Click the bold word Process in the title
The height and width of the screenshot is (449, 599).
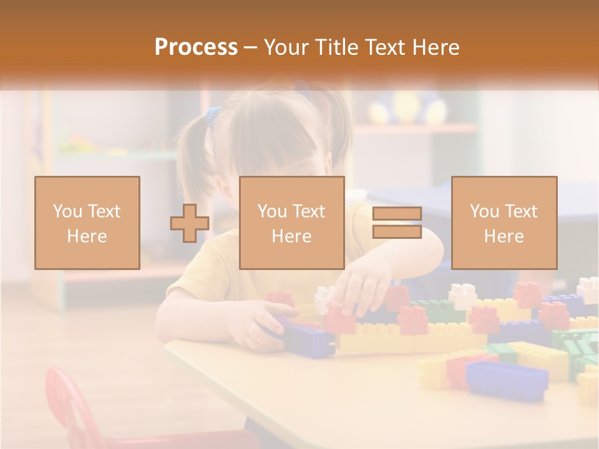point(196,47)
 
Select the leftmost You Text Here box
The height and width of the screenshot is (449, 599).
point(87,223)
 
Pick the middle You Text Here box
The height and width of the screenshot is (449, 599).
point(292,223)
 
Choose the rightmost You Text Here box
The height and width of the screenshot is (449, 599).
point(504,223)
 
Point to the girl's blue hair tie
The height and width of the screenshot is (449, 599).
point(214,115)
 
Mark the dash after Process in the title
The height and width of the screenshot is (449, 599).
point(251,47)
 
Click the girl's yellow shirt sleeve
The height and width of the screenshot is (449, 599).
point(187,274)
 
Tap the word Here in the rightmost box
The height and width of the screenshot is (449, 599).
point(504,236)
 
